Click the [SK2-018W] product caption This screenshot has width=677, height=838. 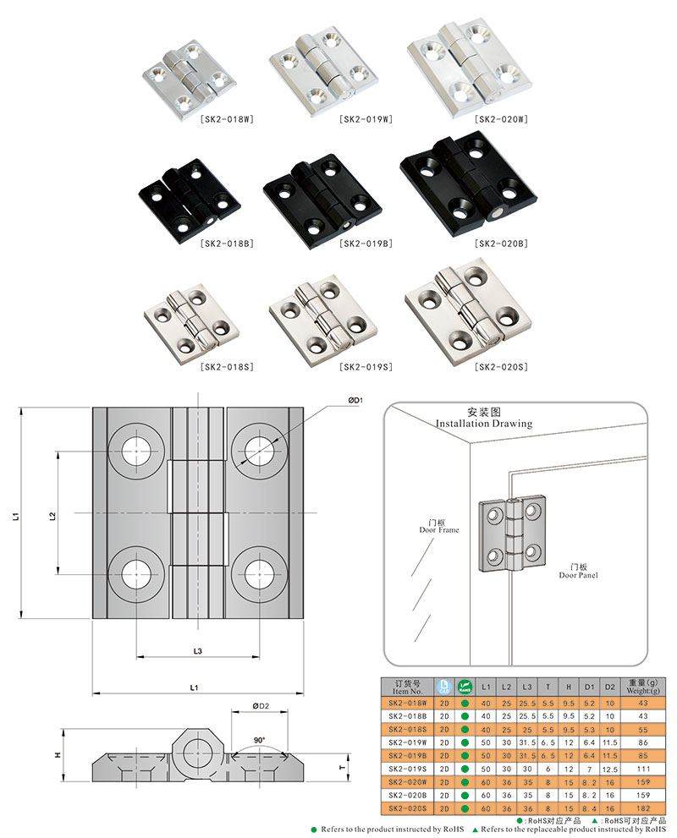coord(226,118)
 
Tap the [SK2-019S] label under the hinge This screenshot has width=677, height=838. coord(364,367)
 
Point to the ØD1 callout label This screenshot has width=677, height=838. coord(355,400)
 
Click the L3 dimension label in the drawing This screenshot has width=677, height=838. coord(197,649)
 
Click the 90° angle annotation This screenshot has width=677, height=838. coord(259,740)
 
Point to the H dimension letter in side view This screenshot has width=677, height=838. coord(58,755)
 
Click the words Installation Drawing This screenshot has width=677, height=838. coord(483,424)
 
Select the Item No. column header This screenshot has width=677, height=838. coord(407,686)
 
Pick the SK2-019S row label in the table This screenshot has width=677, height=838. coord(407,768)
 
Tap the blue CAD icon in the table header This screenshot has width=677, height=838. coord(444,686)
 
